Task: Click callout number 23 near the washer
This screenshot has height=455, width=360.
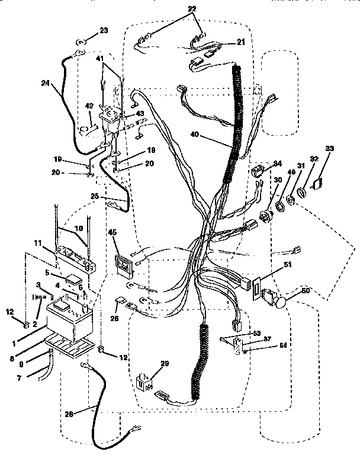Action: [104, 30]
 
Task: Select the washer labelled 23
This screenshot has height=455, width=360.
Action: [81, 43]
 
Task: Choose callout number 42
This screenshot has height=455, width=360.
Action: [89, 105]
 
